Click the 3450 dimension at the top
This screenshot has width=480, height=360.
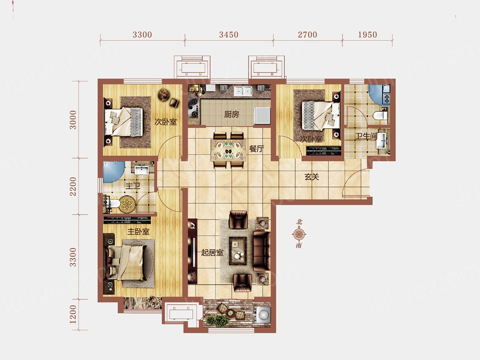pyautogui.click(x=229, y=34)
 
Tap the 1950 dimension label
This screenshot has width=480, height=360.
pyautogui.click(x=367, y=34)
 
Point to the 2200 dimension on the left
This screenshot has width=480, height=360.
pyautogui.click(x=73, y=186)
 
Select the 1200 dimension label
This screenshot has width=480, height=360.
pyautogui.click(x=73, y=314)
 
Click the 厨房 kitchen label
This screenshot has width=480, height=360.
pyautogui.click(x=232, y=114)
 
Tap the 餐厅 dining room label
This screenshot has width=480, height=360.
pyautogui.click(x=256, y=149)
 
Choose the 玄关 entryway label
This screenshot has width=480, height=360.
pyautogui.click(x=312, y=177)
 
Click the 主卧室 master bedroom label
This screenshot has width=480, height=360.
pyautogui.click(x=138, y=232)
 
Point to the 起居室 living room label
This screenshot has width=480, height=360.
pyautogui.click(x=212, y=253)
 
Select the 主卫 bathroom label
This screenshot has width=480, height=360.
pyautogui.click(x=133, y=186)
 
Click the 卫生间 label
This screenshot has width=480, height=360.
pyautogui.click(x=366, y=136)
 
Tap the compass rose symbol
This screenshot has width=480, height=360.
pyautogui.click(x=299, y=234)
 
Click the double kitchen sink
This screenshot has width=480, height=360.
pyautogui.click(x=243, y=91)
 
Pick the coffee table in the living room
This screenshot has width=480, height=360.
pyautogui.click(x=238, y=251)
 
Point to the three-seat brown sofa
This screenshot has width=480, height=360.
pyautogui.click(x=261, y=251)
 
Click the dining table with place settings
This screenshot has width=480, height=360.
pyautogui.click(x=228, y=150)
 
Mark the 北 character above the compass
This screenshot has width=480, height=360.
pyautogui.click(x=299, y=222)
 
